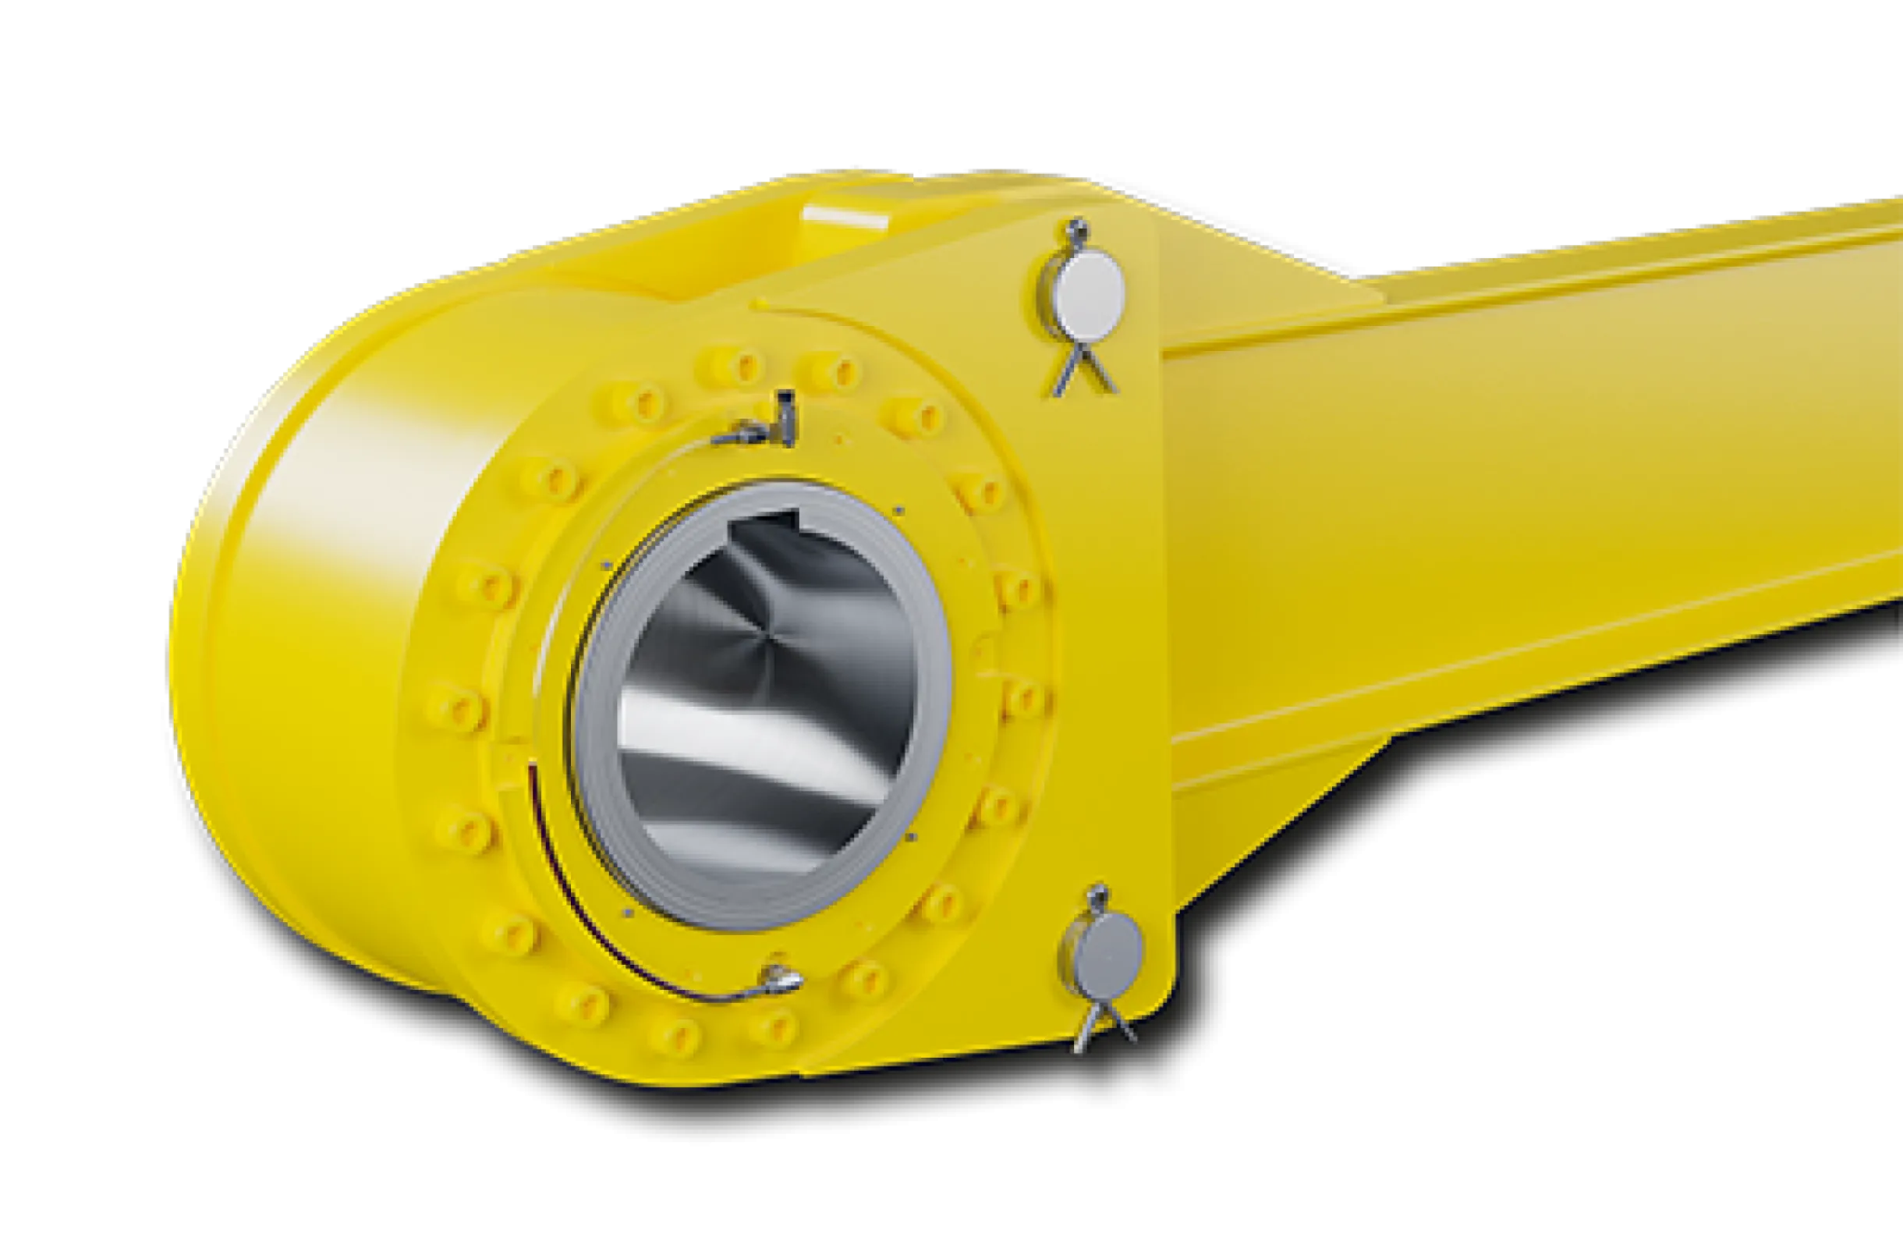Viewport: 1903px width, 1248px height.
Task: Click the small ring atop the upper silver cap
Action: click(1079, 229)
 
